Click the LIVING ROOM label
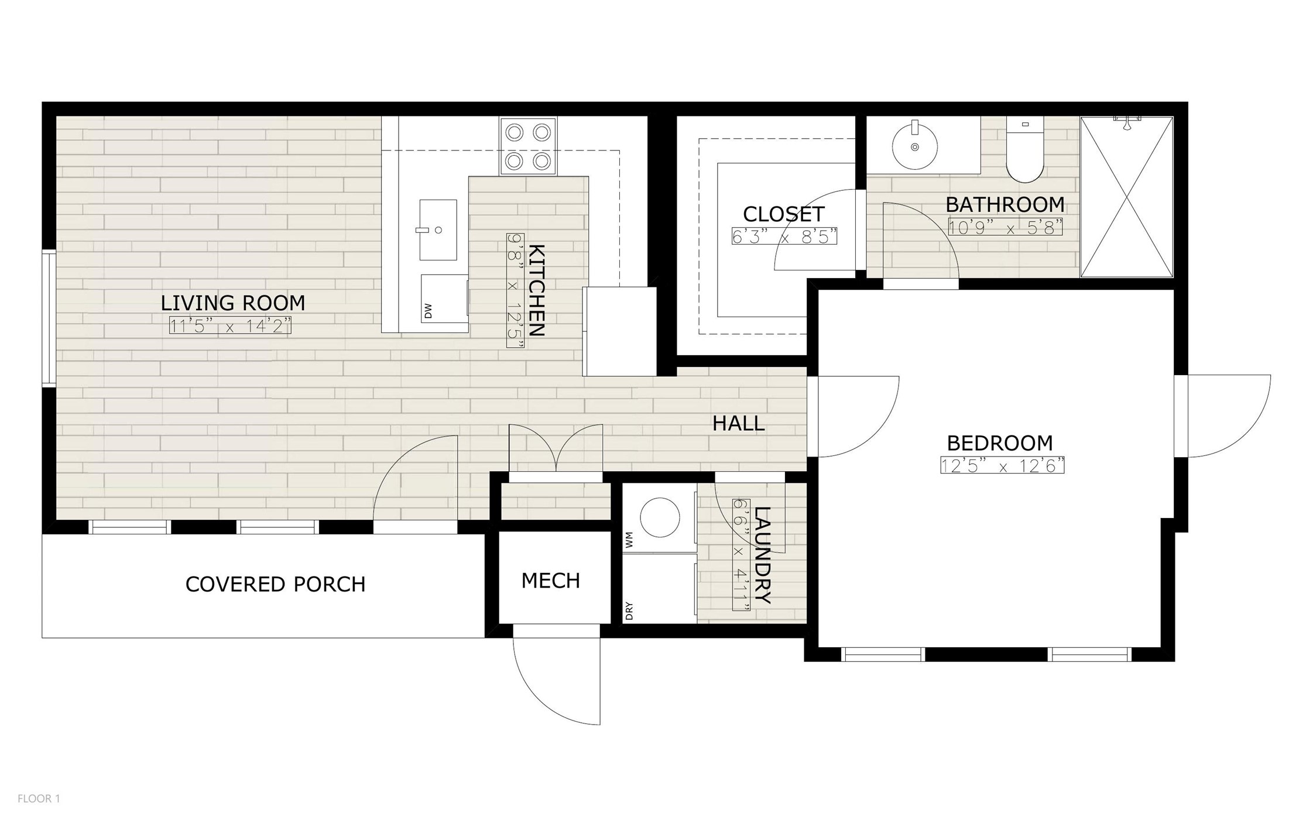[x=233, y=303]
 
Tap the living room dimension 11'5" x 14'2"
[x=230, y=325]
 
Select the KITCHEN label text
[x=536, y=290]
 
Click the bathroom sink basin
[x=914, y=146]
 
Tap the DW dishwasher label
[x=428, y=311]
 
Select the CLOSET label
[x=784, y=214]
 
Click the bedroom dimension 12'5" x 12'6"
[x=1002, y=465]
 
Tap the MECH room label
[x=550, y=581]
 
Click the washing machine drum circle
[x=660, y=517]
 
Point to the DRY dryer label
[x=629, y=612]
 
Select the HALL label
[x=738, y=423]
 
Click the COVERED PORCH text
[x=275, y=584]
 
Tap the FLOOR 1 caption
[x=39, y=798]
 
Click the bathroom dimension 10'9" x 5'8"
[x=1005, y=227]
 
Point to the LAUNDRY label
[x=763, y=554]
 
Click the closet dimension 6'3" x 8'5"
[x=784, y=236]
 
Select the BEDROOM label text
[x=1000, y=443]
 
